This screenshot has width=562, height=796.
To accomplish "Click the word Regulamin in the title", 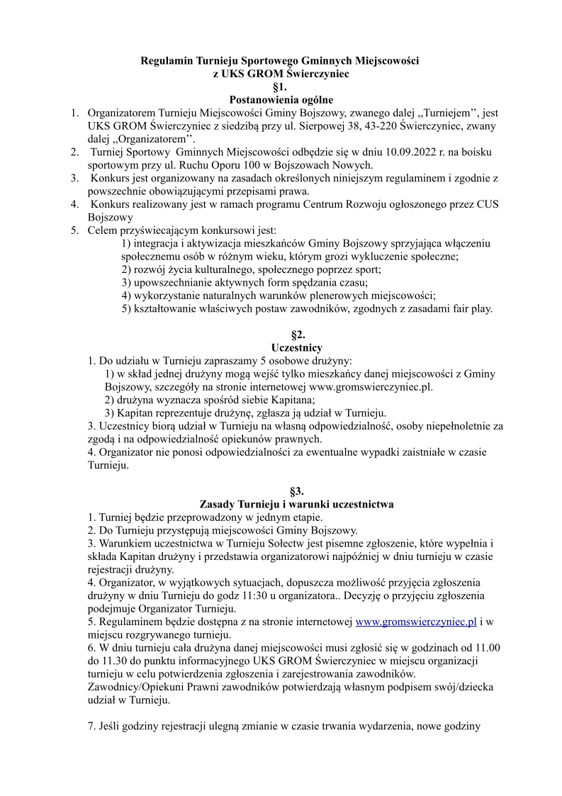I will (165, 62).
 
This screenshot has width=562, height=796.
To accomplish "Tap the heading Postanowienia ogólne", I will (281, 100).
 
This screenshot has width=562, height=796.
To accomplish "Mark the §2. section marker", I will (281, 335).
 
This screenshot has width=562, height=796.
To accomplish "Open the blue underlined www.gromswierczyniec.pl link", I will (416, 621).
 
